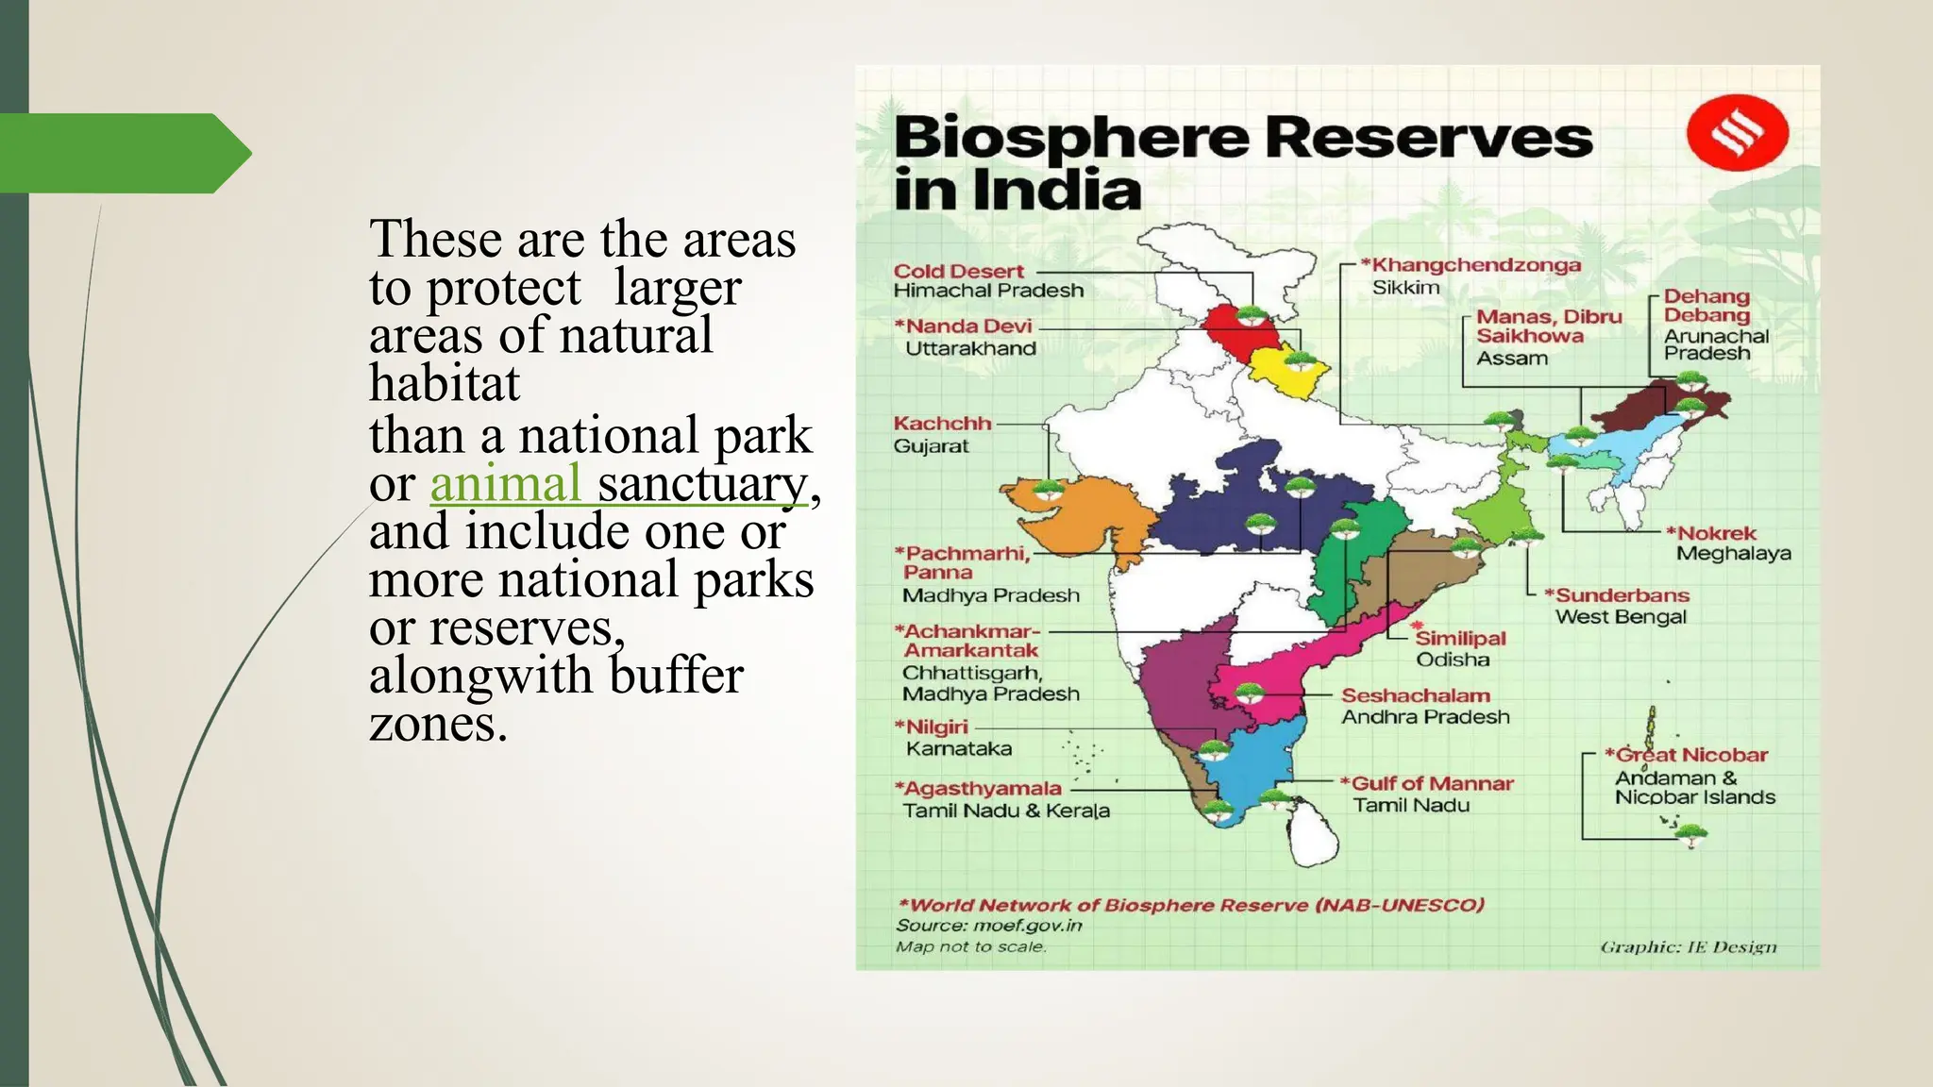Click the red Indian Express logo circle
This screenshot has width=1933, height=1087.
click(x=1737, y=134)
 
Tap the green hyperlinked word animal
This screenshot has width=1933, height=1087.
click(x=505, y=484)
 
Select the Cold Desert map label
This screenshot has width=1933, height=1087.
click(x=958, y=272)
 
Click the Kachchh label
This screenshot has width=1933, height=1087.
click(x=942, y=424)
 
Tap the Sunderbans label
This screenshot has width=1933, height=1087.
click(x=1621, y=595)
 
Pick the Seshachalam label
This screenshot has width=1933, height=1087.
click(x=1416, y=695)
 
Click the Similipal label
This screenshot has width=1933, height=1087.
click(x=1459, y=639)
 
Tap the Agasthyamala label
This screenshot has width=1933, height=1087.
click(x=978, y=788)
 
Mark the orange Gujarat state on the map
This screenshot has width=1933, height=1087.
click(x=1095, y=514)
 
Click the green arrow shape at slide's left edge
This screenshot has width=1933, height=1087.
click(x=123, y=153)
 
